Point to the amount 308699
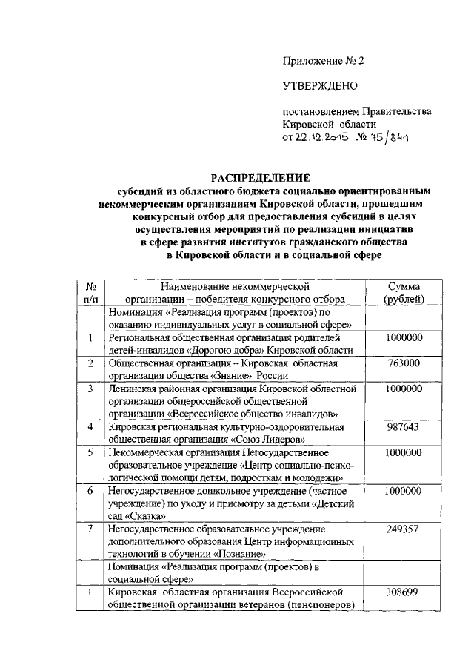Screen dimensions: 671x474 pyautogui.click(x=404, y=592)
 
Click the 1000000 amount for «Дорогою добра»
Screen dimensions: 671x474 pyautogui.click(x=404, y=337)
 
